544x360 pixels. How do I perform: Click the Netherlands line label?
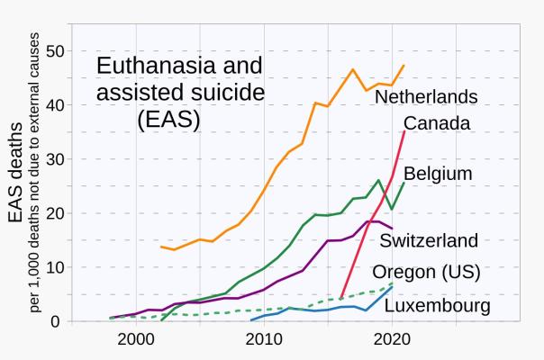426,96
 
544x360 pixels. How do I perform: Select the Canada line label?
437,123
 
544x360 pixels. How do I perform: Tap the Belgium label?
438,173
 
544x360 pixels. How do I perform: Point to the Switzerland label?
429,240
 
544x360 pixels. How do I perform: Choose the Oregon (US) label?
426,272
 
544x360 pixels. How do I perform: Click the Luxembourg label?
437,307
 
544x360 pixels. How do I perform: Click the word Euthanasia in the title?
154,66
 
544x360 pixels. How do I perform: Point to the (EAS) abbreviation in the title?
168,120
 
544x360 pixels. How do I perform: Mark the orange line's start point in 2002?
161,247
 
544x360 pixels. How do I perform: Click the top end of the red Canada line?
404,131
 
